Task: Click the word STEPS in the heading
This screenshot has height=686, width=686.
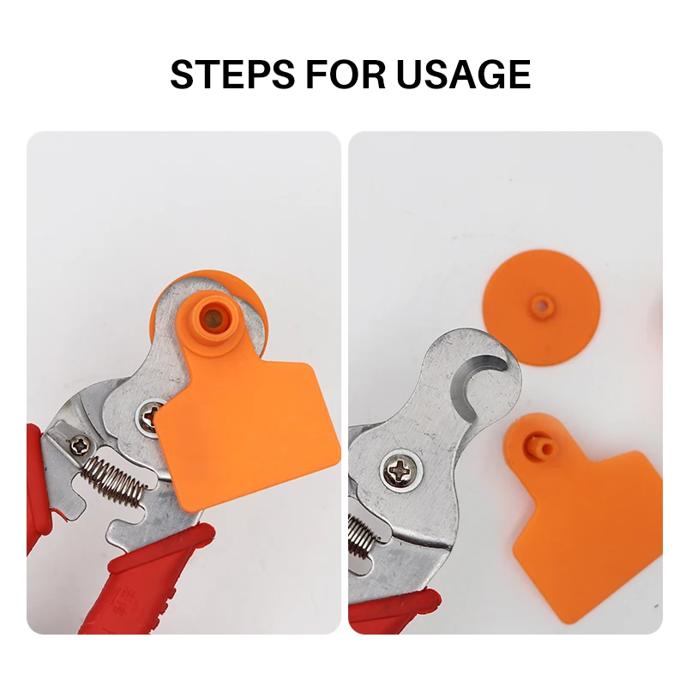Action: (232, 74)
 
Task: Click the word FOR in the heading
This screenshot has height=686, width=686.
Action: (346, 74)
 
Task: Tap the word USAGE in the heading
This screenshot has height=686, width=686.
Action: (463, 74)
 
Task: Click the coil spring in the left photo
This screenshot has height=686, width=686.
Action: (115, 479)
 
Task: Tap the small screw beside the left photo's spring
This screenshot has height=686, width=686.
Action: (81, 446)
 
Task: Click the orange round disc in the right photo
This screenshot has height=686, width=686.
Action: (542, 306)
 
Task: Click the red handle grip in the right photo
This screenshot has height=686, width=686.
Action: (394, 611)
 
